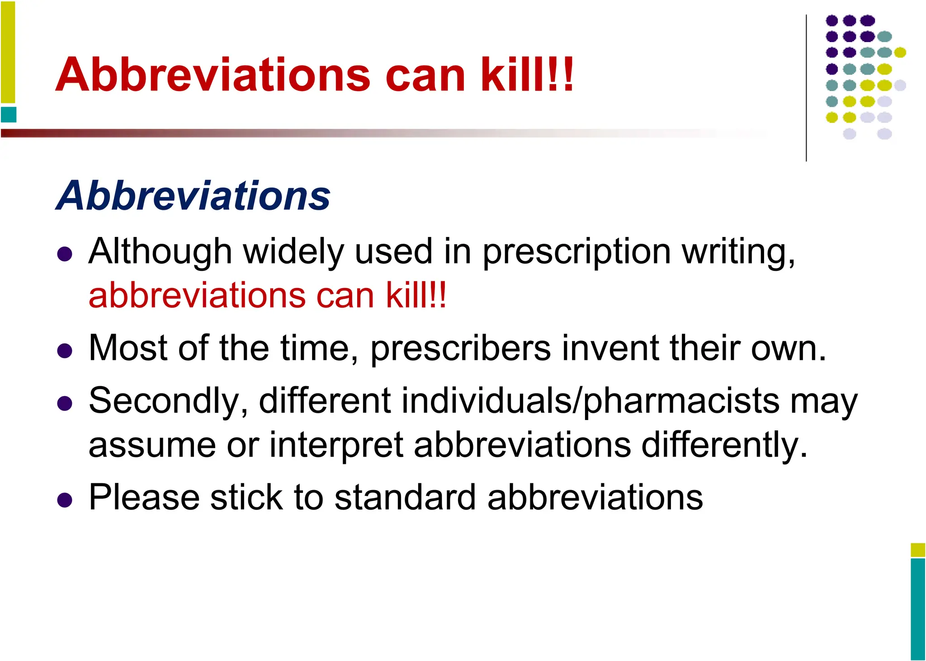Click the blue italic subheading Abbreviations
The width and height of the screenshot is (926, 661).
click(x=194, y=195)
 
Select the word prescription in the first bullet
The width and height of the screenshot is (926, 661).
click(x=577, y=251)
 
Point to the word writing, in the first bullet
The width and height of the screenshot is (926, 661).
click(x=739, y=251)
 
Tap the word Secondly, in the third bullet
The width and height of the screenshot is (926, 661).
click(x=168, y=401)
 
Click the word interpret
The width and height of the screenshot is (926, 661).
click(x=336, y=445)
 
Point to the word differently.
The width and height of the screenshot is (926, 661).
click(x=724, y=445)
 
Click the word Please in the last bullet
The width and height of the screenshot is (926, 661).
click(x=144, y=497)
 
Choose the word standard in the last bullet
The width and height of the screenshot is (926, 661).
click(x=405, y=497)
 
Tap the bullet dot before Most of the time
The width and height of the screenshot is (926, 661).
click(x=65, y=351)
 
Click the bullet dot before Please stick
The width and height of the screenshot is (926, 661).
click(x=65, y=500)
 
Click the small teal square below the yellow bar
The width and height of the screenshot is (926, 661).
click(x=9, y=115)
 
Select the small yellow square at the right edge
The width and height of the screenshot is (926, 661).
click(x=918, y=550)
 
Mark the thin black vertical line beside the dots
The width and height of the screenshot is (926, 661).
click(x=806, y=88)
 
